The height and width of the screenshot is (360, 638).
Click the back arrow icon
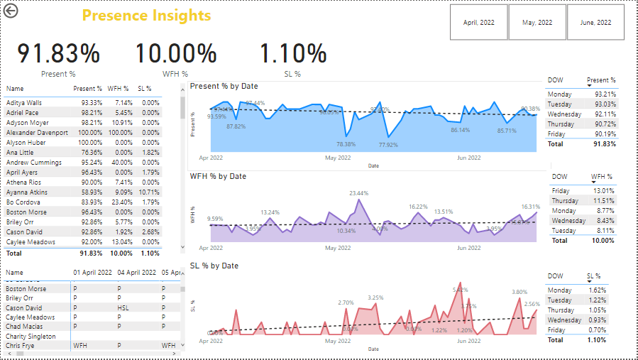click(x=11, y=11)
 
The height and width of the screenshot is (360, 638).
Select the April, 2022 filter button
click(x=479, y=23)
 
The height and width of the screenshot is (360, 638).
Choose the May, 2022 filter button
click(x=537, y=23)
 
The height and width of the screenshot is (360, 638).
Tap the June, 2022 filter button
click(x=595, y=23)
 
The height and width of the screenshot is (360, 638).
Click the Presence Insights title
click(x=146, y=16)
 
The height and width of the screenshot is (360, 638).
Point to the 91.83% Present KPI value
click(x=59, y=54)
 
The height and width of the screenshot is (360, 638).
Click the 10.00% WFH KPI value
click(x=175, y=54)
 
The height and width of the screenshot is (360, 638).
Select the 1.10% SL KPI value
click(x=292, y=54)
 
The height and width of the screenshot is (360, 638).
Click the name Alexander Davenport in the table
click(x=37, y=133)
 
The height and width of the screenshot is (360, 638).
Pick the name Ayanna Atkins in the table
click(x=27, y=192)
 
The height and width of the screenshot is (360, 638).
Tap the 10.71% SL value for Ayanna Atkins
click(x=149, y=192)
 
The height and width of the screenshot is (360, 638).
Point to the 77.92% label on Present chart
click(x=388, y=145)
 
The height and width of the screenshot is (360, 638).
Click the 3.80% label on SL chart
click(x=519, y=292)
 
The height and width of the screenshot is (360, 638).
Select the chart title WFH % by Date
click(x=218, y=176)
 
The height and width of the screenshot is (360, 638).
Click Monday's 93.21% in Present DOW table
click(x=605, y=94)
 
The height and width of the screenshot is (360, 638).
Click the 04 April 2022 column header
click(x=137, y=273)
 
